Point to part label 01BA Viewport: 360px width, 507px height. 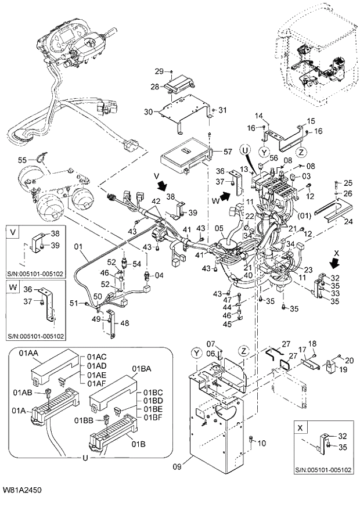point(141,368)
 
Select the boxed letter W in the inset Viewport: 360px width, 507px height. point(13,287)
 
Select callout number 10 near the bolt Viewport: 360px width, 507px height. point(261,443)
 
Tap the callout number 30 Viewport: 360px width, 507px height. point(147,112)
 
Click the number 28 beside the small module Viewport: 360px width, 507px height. point(154,87)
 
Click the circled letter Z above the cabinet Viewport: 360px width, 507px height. point(243,351)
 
